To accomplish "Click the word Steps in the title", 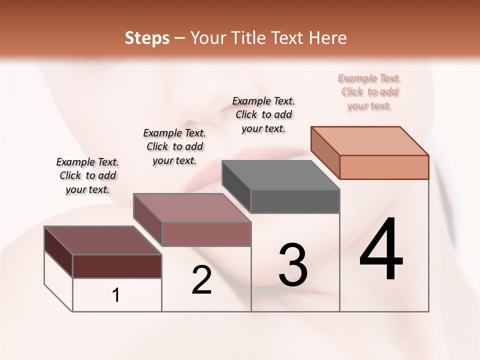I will [147, 38].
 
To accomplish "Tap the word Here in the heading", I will [328, 38].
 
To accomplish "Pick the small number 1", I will [116, 295].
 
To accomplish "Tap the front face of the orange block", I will [384, 167].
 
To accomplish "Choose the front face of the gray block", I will [295, 201].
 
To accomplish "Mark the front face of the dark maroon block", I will [117, 266].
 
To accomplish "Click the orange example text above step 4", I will [369, 92].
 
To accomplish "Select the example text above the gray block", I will [263, 115].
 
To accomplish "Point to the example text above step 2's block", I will [174, 146].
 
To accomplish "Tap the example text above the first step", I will [87, 175].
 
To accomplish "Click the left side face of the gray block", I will [236, 186].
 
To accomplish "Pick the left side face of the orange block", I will [325, 152].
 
